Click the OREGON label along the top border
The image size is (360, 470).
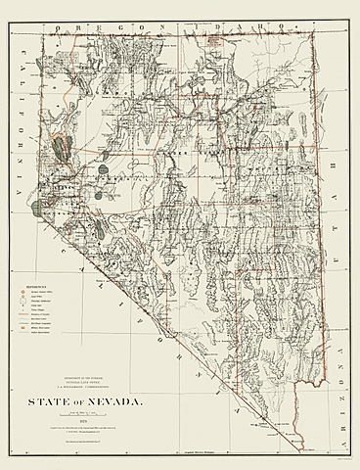(91, 19)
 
